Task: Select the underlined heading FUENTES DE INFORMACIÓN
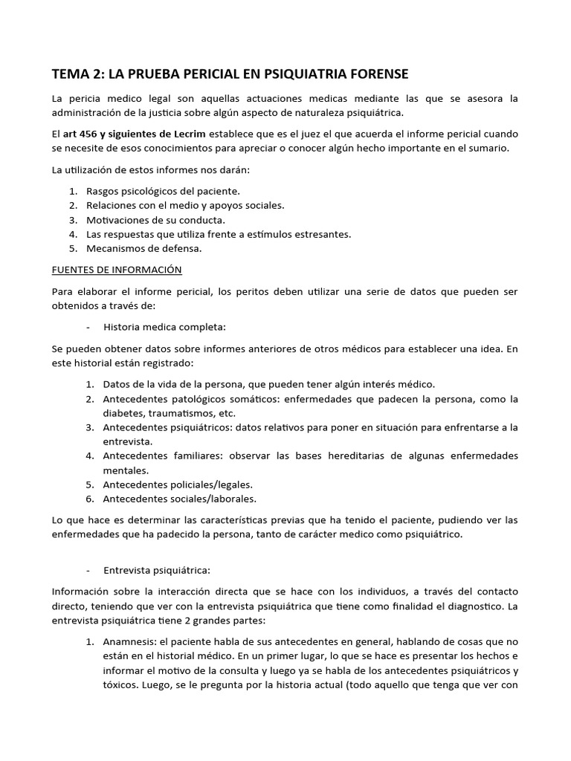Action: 117,269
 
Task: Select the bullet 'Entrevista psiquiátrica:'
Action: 157,570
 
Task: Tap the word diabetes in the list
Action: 125,413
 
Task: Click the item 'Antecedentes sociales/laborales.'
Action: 179,498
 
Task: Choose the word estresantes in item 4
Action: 323,234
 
